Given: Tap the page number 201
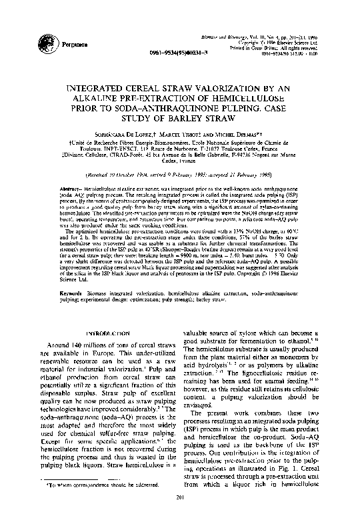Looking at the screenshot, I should tap(179, 515).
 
